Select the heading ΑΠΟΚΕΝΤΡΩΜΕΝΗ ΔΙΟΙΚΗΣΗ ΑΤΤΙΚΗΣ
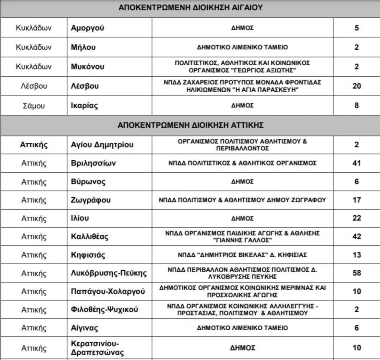[x=190, y=125]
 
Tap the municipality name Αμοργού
[x=87, y=28]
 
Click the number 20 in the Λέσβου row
[x=356, y=86]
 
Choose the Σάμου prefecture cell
[x=34, y=106]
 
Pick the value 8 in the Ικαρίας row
[x=356, y=106]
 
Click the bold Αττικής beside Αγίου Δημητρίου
[x=34, y=145]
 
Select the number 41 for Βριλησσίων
[x=356, y=163]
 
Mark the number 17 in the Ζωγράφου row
[x=356, y=200]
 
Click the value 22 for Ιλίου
[x=356, y=218]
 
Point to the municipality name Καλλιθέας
[x=90, y=237]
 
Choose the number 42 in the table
[x=356, y=237]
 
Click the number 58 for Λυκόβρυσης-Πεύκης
[x=356, y=273]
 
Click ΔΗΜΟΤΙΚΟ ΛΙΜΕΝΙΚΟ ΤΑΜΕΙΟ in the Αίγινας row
[x=242, y=328]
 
